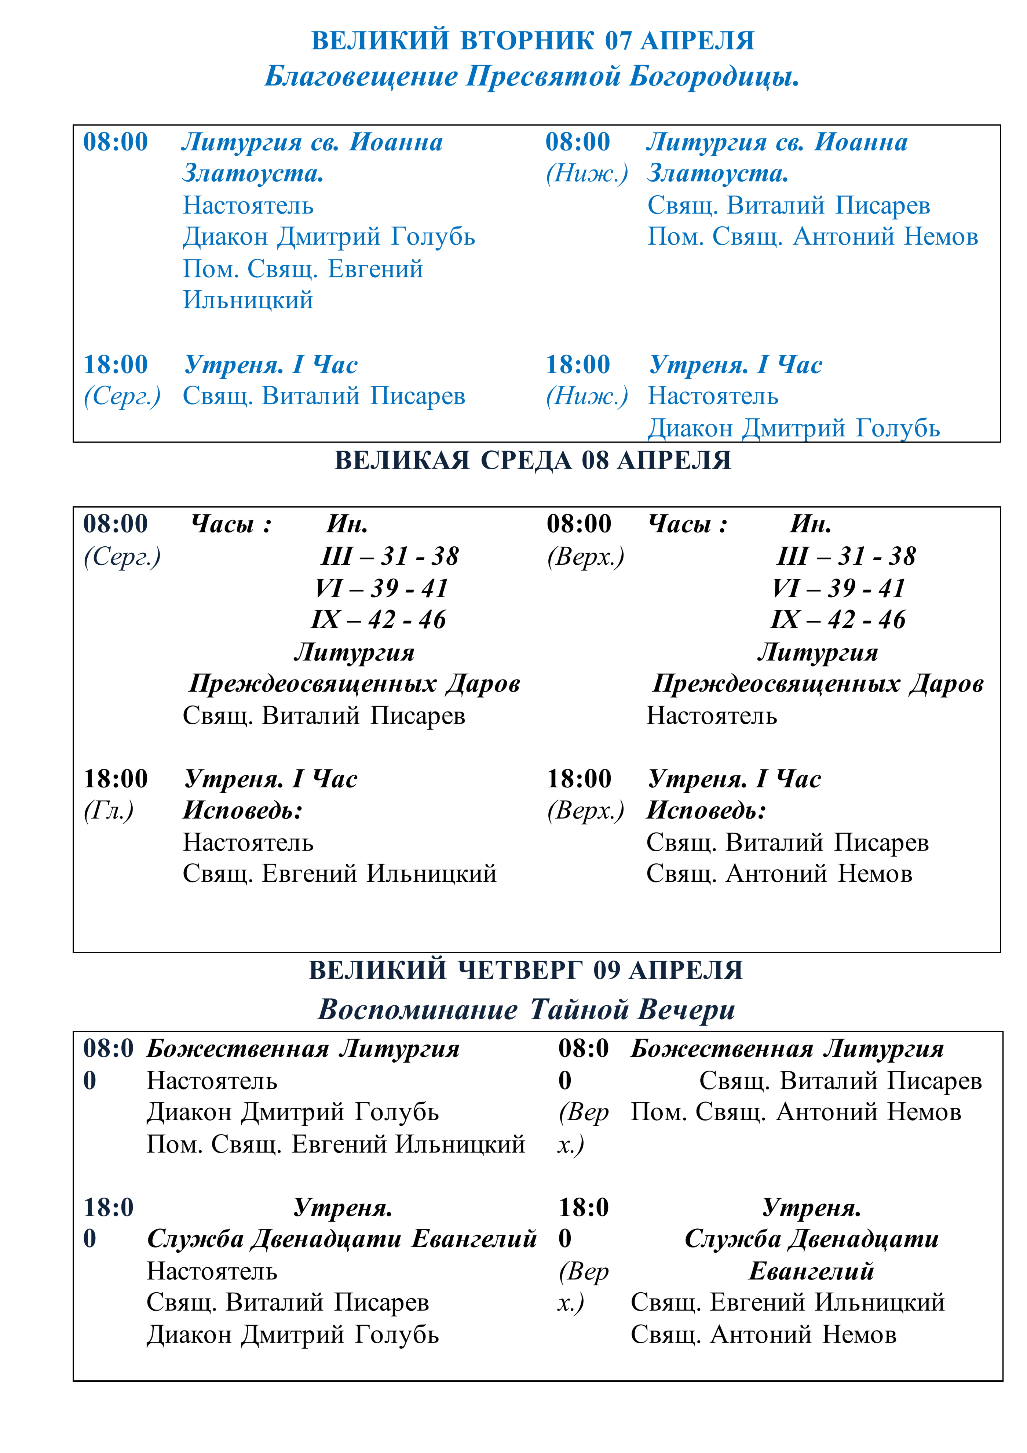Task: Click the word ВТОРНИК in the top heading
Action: click(526, 40)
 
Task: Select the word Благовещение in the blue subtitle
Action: click(361, 77)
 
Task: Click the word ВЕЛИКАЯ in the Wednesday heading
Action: click(402, 460)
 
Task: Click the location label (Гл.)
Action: click(108, 811)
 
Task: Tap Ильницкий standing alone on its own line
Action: click(248, 300)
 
